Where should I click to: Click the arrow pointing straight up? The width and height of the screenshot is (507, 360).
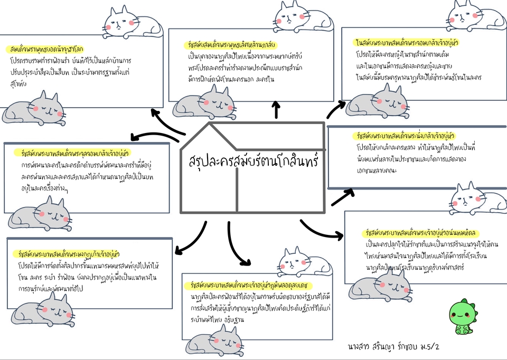[x=276, y=110]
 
